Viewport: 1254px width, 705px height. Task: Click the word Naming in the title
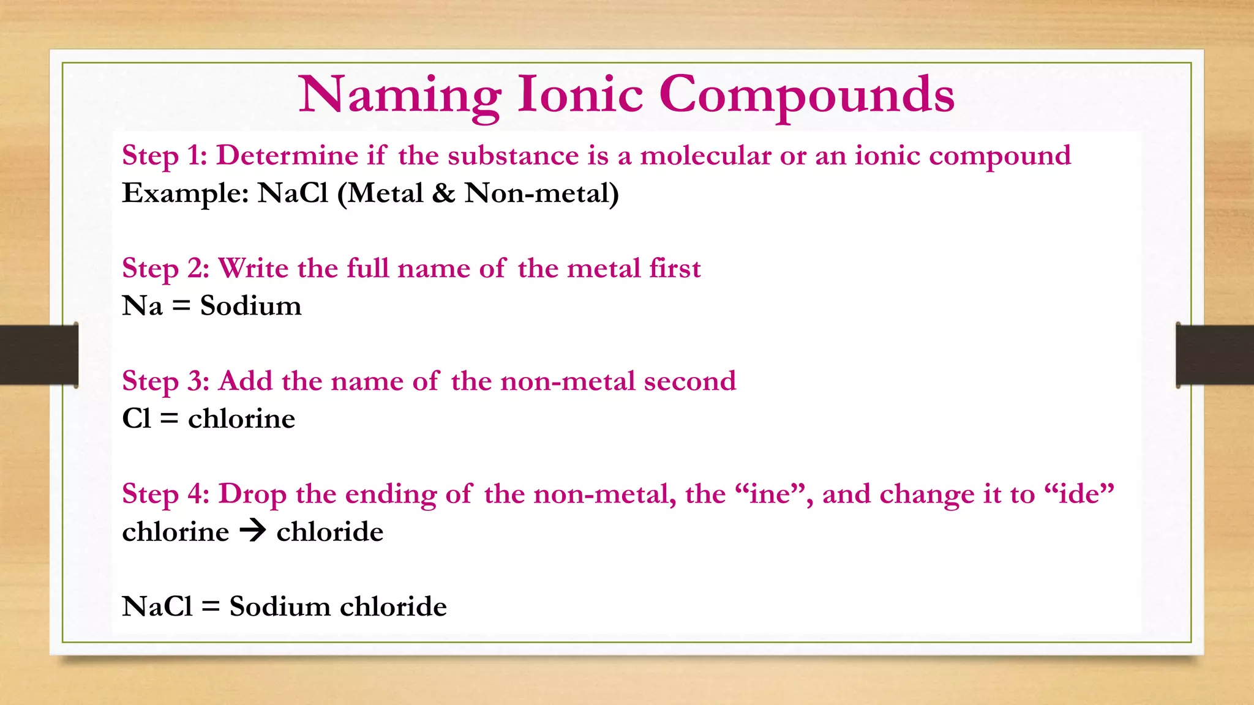[400, 95]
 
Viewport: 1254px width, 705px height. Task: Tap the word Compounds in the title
[806, 95]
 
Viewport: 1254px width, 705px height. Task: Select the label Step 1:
[165, 155]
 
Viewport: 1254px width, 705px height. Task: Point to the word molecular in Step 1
[705, 155]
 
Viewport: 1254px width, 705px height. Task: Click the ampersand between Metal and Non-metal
[443, 193]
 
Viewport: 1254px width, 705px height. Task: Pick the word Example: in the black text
[185, 193]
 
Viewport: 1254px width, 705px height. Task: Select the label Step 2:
[165, 269]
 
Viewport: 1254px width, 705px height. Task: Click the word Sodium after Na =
[250, 305]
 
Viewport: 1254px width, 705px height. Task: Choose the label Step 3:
[165, 381]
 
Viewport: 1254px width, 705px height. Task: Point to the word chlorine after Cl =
[241, 419]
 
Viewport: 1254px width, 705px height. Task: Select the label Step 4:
[165, 494]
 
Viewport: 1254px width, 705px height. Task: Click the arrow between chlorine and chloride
[252, 531]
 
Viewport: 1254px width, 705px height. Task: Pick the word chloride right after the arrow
[329, 531]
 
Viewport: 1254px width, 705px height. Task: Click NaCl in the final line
[157, 606]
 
